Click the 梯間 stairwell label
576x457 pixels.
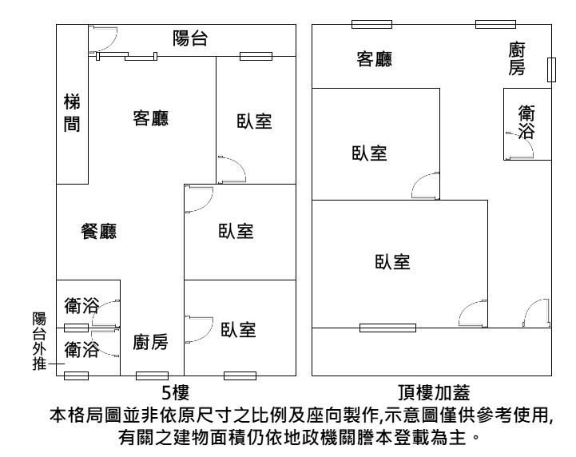[x=71, y=114]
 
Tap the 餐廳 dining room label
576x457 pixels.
[x=99, y=232]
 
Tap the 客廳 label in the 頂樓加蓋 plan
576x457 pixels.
[x=374, y=59]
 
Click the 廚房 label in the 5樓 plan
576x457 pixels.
[x=150, y=343]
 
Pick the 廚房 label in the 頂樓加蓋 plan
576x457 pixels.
[x=518, y=60]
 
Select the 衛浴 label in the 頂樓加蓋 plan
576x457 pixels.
[x=526, y=121]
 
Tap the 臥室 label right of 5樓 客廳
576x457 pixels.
[x=254, y=121]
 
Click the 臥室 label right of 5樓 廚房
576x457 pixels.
[x=237, y=329]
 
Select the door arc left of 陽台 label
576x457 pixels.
[x=104, y=38]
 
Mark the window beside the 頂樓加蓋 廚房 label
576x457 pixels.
[x=550, y=70]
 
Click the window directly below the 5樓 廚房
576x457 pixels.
[x=152, y=376]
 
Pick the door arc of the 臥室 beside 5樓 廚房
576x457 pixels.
[x=199, y=328]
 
